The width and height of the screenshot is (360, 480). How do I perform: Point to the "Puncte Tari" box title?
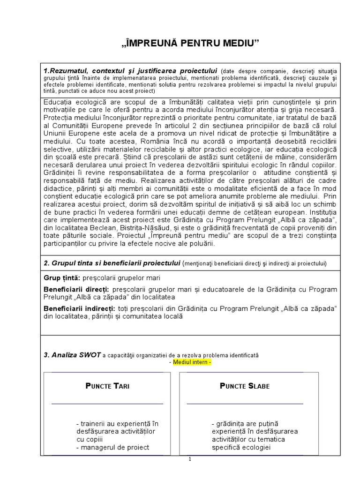tap(107, 386)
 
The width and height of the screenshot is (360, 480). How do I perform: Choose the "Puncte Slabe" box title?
tap(245, 386)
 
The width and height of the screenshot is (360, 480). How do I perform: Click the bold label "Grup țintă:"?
tap(61, 278)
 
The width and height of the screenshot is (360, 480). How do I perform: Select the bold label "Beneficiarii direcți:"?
tap(76, 289)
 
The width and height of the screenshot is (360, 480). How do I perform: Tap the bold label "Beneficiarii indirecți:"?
tap(79, 308)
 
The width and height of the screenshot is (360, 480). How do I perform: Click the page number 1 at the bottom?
tap(190, 459)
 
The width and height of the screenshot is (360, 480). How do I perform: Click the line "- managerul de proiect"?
tap(112, 447)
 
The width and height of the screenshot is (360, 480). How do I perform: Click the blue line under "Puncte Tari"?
tap(107, 403)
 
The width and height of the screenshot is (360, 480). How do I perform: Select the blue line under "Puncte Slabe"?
tap(245, 403)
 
